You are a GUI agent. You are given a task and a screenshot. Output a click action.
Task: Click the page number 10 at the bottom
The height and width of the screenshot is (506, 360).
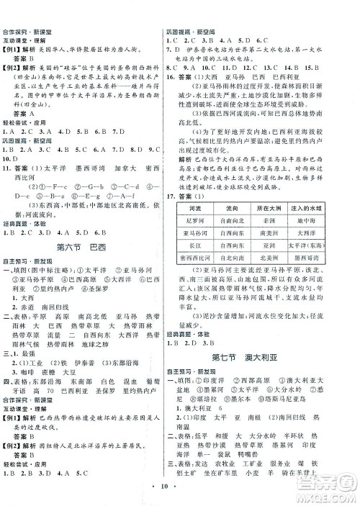pyautogui.click(x=180, y=496)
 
